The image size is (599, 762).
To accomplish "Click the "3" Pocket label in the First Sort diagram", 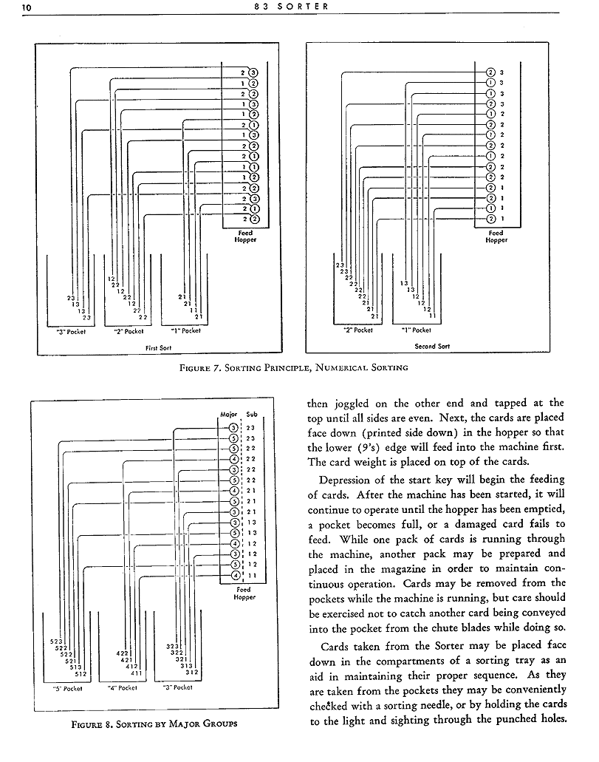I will point(71,331).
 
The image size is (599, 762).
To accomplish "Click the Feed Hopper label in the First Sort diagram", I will point(244,237).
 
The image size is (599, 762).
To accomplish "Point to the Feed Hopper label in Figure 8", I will point(244,593).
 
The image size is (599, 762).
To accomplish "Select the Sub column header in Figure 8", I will point(252,414).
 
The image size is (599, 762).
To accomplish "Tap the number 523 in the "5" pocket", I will point(56,641).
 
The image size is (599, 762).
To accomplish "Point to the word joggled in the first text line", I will point(358,404).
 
